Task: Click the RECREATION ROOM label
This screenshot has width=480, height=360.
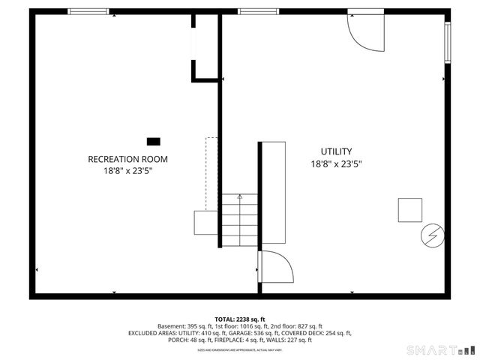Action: (127, 159)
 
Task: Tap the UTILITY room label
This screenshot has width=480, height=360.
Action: (336, 151)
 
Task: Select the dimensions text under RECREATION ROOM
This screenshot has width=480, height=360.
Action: (127, 171)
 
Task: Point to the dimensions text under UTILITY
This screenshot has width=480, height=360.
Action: (336, 164)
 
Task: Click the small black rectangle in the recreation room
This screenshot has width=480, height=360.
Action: (153, 141)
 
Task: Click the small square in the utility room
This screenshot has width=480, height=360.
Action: (410, 209)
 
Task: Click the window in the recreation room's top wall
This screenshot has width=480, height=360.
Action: (88, 11)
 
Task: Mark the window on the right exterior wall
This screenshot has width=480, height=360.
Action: (447, 42)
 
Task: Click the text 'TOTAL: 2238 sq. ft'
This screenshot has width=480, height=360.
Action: (239, 319)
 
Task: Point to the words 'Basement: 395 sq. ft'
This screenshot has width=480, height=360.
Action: (184, 326)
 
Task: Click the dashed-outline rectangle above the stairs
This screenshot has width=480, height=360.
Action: (211, 173)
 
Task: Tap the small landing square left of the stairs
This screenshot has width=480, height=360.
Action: (206, 223)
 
